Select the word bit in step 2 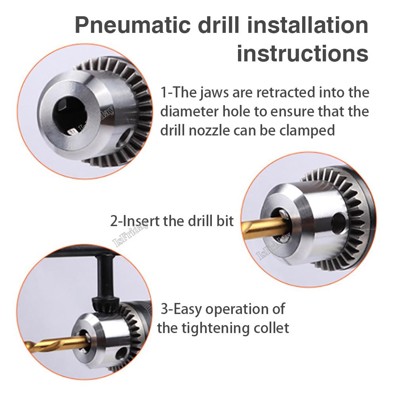(225, 220)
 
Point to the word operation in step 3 (240, 309)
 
